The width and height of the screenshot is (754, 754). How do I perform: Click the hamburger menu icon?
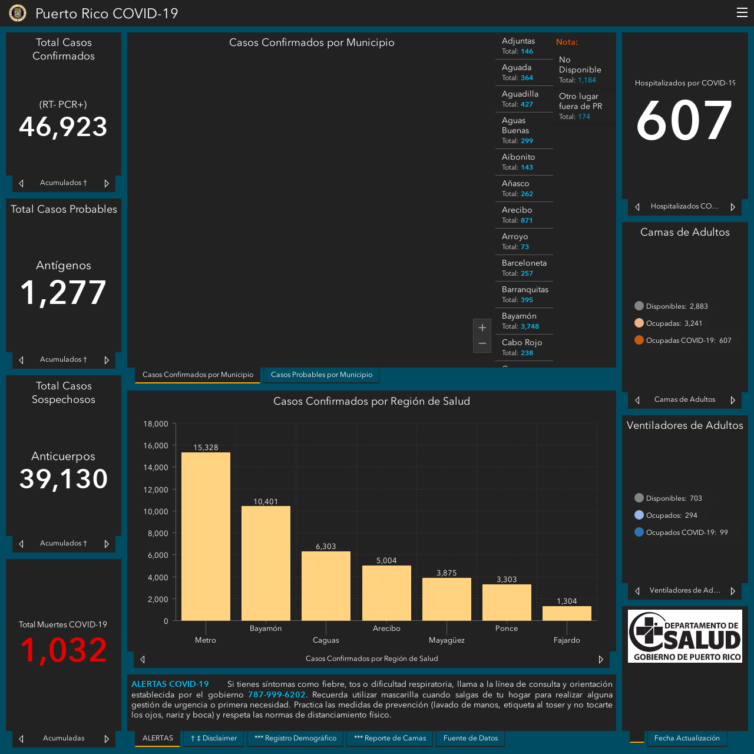tap(742, 12)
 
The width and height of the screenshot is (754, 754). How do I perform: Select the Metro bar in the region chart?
tap(206, 537)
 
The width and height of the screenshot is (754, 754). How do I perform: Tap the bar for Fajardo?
tap(567, 613)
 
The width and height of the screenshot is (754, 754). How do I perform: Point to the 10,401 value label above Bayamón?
tap(266, 501)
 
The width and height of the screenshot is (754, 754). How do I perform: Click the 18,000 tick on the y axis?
tap(156, 424)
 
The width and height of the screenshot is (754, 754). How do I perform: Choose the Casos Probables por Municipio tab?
tap(321, 375)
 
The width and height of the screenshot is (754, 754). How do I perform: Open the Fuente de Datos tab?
tap(470, 738)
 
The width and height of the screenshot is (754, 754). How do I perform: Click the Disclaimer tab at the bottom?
tap(214, 738)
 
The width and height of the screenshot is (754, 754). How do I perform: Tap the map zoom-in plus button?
tap(482, 328)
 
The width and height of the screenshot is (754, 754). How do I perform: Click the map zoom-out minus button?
tap(482, 343)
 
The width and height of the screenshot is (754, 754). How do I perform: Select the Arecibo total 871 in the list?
tap(526, 220)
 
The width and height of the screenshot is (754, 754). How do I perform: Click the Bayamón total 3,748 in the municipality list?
tap(530, 326)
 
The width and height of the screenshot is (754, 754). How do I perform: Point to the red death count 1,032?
tap(64, 650)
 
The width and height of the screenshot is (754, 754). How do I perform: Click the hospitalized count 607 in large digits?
tap(684, 120)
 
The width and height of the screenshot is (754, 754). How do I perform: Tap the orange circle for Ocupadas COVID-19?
tap(639, 340)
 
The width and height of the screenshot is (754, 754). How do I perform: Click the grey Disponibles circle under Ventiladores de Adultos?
tap(639, 498)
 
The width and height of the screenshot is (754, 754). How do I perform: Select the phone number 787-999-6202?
tap(276, 695)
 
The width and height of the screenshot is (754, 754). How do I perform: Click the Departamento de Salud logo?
tap(684, 636)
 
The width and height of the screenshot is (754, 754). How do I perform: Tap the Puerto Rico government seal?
tap(18, 13)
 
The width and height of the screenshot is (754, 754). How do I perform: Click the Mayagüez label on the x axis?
tap(447, 640)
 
